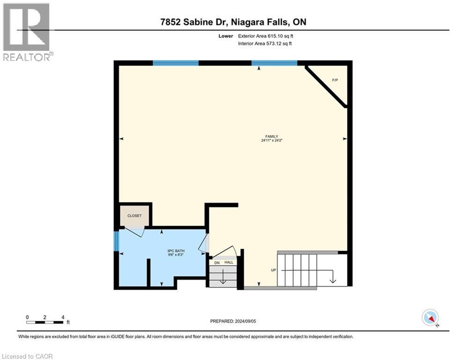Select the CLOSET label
pos(134,217)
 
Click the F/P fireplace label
pos(335,80)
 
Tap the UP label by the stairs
pos(273,270)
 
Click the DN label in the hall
pos(216,263)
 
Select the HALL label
pos(229,263)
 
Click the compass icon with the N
pos(429,317)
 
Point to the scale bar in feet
pos(45,322)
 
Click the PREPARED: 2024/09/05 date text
pos(233,321)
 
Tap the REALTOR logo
pos(27,32)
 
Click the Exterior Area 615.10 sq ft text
pos(266,36)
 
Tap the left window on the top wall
pos(176,63)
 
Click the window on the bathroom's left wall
pos(117,241)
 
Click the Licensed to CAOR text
pos(27,356)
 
